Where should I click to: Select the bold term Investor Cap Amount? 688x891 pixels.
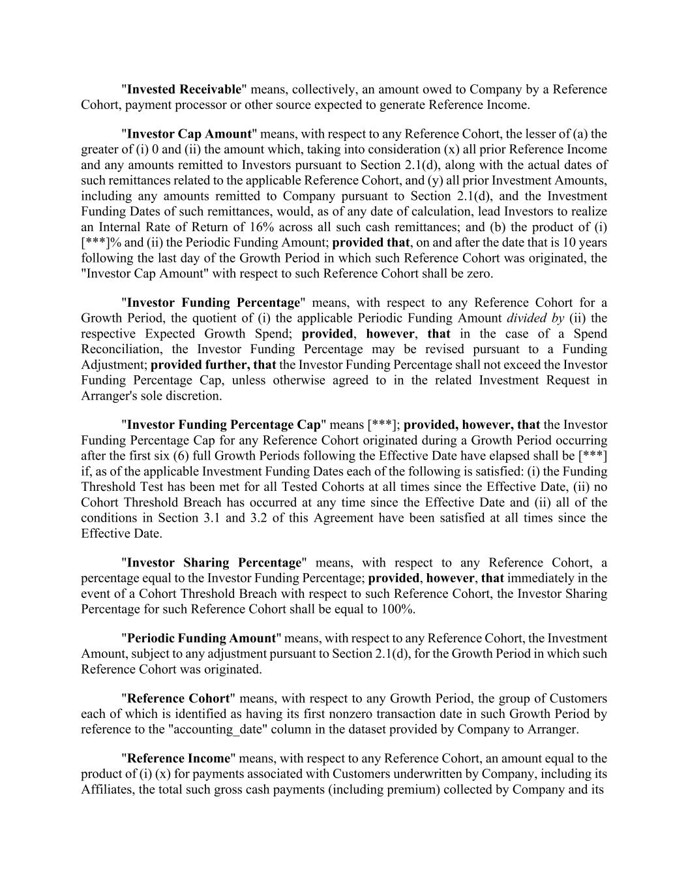click(189, 134)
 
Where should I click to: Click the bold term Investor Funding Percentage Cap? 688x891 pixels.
click(224, 425)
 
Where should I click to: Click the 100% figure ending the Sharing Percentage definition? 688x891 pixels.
click(401, 609)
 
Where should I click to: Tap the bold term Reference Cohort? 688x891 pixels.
click(178, 698)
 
